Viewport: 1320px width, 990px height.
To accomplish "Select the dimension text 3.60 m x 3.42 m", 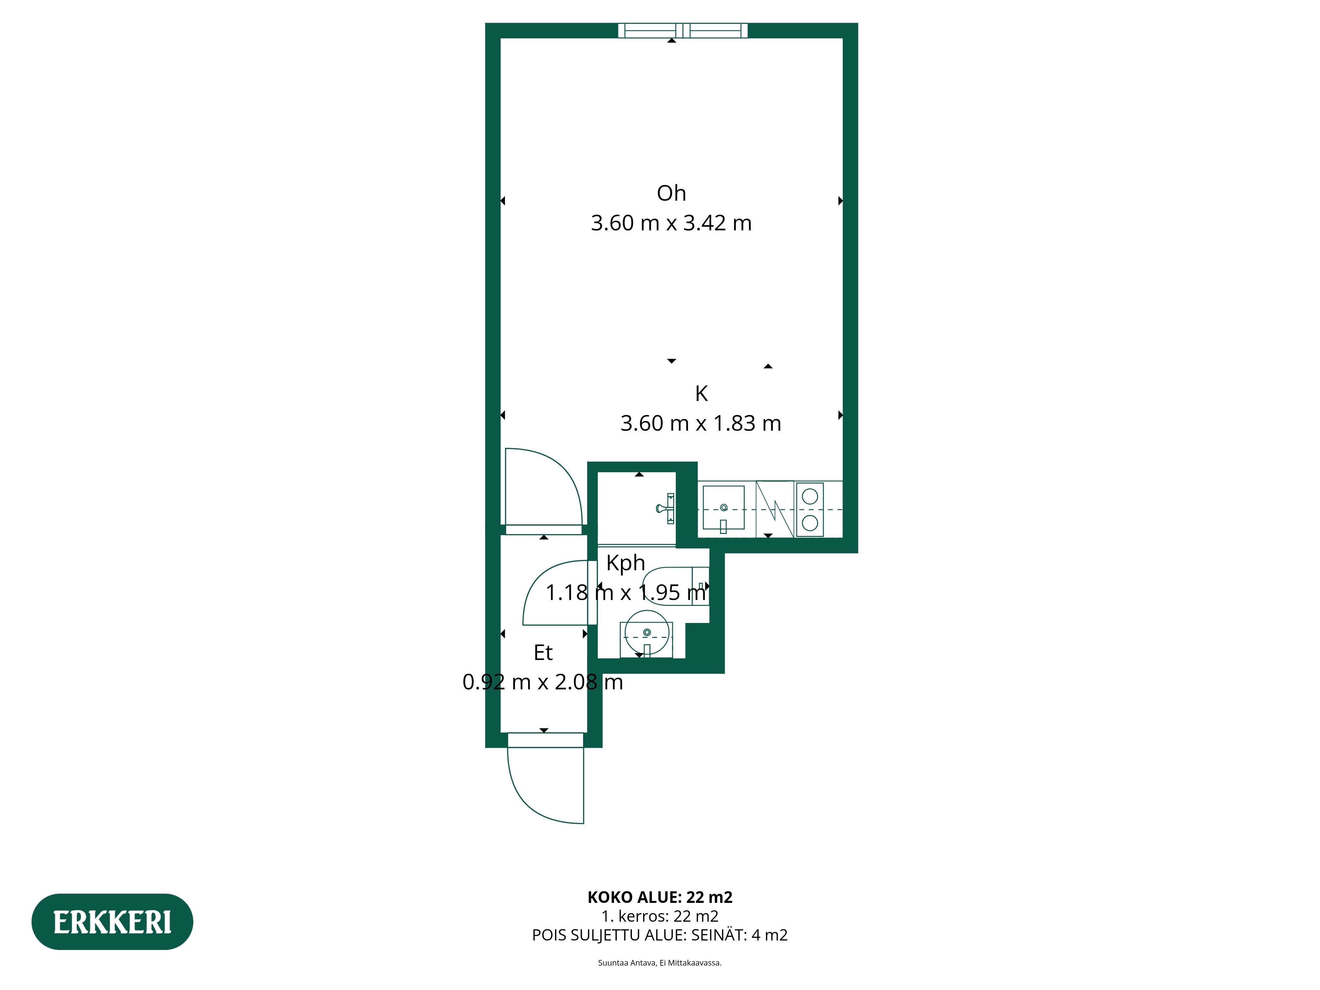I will point(671,223).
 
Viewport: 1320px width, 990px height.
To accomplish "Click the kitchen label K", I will point(701,394).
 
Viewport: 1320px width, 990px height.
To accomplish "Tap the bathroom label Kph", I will point(625,563).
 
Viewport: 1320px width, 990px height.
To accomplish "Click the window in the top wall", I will point(683,30).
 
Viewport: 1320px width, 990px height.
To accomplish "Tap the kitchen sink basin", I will point(723,508).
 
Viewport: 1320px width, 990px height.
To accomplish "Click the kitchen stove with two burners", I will point(810,509).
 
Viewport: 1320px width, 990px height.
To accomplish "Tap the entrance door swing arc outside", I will point(531,800).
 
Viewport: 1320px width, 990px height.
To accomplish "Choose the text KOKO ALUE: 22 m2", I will point(660,897).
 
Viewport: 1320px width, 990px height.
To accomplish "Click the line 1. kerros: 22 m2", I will point(660,916).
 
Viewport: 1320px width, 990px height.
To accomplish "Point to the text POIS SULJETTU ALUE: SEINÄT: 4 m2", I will point(660,935).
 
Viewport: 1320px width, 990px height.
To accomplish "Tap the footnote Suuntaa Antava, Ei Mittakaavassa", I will point(660,963).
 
